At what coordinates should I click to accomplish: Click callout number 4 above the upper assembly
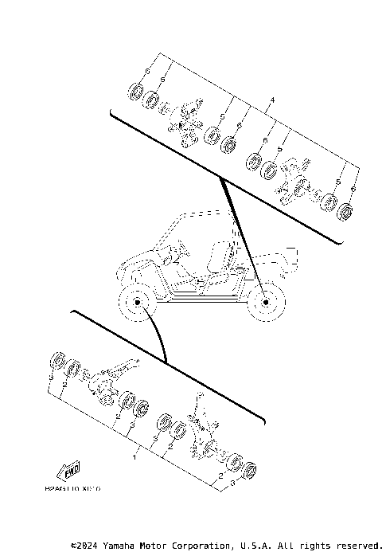coord(272,100)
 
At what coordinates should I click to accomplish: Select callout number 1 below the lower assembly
coord(134,459)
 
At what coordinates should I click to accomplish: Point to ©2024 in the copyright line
coord(85,546)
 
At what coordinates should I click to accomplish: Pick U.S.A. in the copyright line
coord(255,546)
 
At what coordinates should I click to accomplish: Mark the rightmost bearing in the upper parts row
coord(346,212)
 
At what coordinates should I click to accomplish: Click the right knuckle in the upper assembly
coord(295,180)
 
